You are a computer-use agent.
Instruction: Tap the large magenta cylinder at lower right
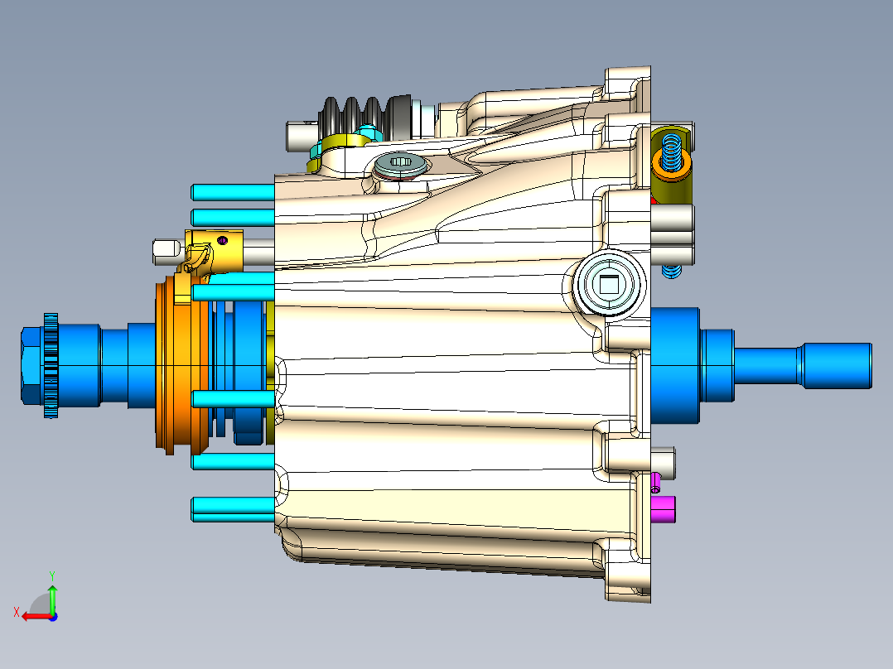pos(664,509)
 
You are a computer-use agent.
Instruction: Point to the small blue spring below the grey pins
pos(672,272)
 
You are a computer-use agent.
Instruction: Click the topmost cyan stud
pos(232,192)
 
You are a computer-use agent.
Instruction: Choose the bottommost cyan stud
pos(232,508)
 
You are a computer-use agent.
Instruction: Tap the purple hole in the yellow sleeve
pos(222,240)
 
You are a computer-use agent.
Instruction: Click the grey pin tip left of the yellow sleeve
pos(166,249)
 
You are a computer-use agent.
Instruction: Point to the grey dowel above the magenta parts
pos(664,460)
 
